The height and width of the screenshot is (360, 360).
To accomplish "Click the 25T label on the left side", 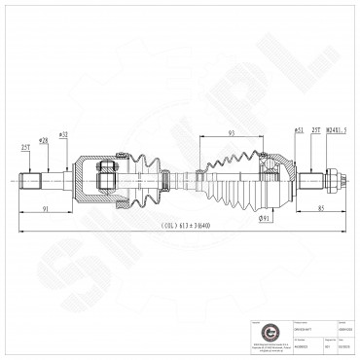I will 24,147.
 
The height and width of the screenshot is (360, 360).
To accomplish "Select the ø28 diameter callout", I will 45,140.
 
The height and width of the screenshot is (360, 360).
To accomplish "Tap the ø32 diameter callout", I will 63,133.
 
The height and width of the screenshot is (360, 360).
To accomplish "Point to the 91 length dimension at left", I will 47,206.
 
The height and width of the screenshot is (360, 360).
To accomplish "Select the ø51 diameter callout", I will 297,129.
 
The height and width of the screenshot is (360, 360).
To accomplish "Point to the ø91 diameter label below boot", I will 265,218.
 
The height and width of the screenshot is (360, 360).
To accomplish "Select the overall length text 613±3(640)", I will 180,226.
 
